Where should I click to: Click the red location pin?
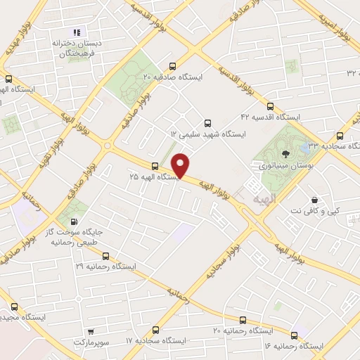coord(181,165)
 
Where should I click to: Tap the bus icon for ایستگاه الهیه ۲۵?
coord(155,166)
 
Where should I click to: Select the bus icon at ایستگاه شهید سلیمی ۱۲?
coord(207,122)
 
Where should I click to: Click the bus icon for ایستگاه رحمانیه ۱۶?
coord(294,335)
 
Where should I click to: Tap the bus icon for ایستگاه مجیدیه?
coord(14,307)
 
